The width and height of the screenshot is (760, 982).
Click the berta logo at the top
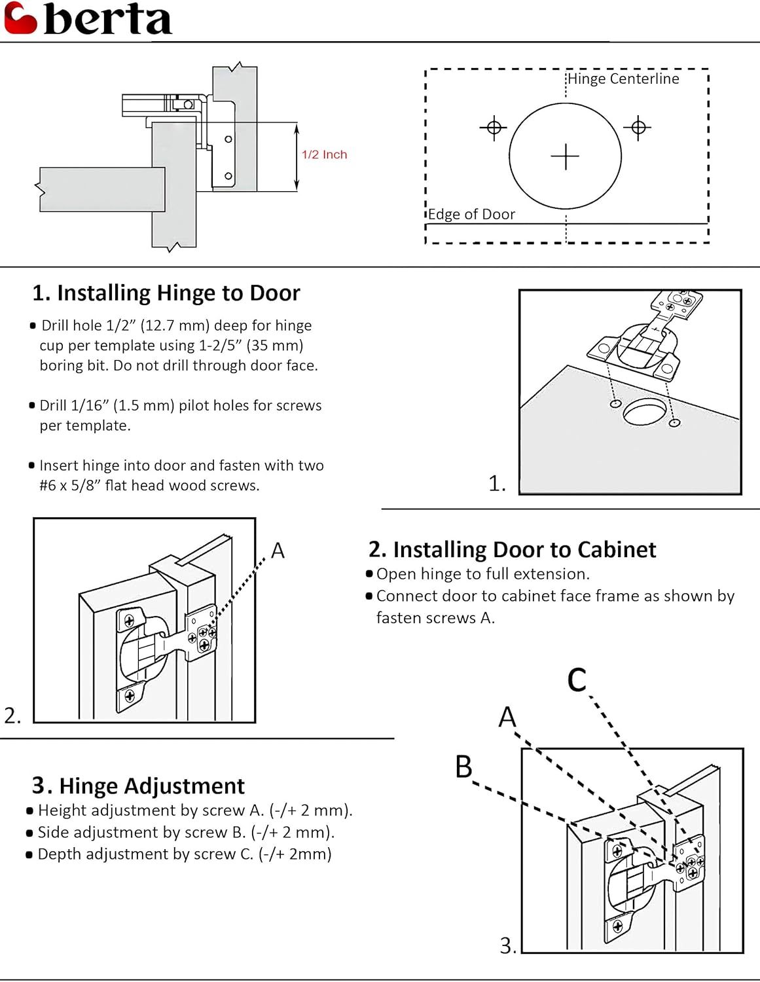88,19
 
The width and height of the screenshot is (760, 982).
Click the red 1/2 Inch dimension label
324,155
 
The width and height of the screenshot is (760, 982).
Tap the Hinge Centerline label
623,79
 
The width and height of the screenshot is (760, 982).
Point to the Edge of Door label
471,214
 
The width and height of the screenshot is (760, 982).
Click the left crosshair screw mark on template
494,127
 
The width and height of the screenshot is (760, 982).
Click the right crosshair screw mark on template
638,127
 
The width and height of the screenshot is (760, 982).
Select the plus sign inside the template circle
565,157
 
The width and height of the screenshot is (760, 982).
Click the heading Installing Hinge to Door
166,293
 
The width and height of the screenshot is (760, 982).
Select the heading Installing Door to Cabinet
512,549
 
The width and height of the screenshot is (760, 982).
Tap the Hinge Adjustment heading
138,785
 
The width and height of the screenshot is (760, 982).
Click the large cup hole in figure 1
645,411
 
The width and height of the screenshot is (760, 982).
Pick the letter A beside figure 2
278,551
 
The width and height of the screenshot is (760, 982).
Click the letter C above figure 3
577,680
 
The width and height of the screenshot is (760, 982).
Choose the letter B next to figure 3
463,767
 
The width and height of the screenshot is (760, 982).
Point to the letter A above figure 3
507,717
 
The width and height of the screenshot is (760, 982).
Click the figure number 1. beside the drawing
497,483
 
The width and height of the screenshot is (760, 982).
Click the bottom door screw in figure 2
130,695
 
